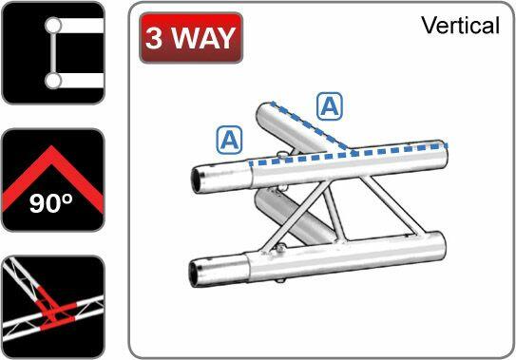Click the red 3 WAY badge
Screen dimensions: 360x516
coord(190,38)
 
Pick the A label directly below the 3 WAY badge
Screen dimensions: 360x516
coord(228,141)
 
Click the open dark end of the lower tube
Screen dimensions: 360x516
coord(201,271)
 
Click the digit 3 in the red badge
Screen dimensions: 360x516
coord(156,38)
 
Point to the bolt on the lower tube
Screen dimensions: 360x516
coord(281,250)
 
